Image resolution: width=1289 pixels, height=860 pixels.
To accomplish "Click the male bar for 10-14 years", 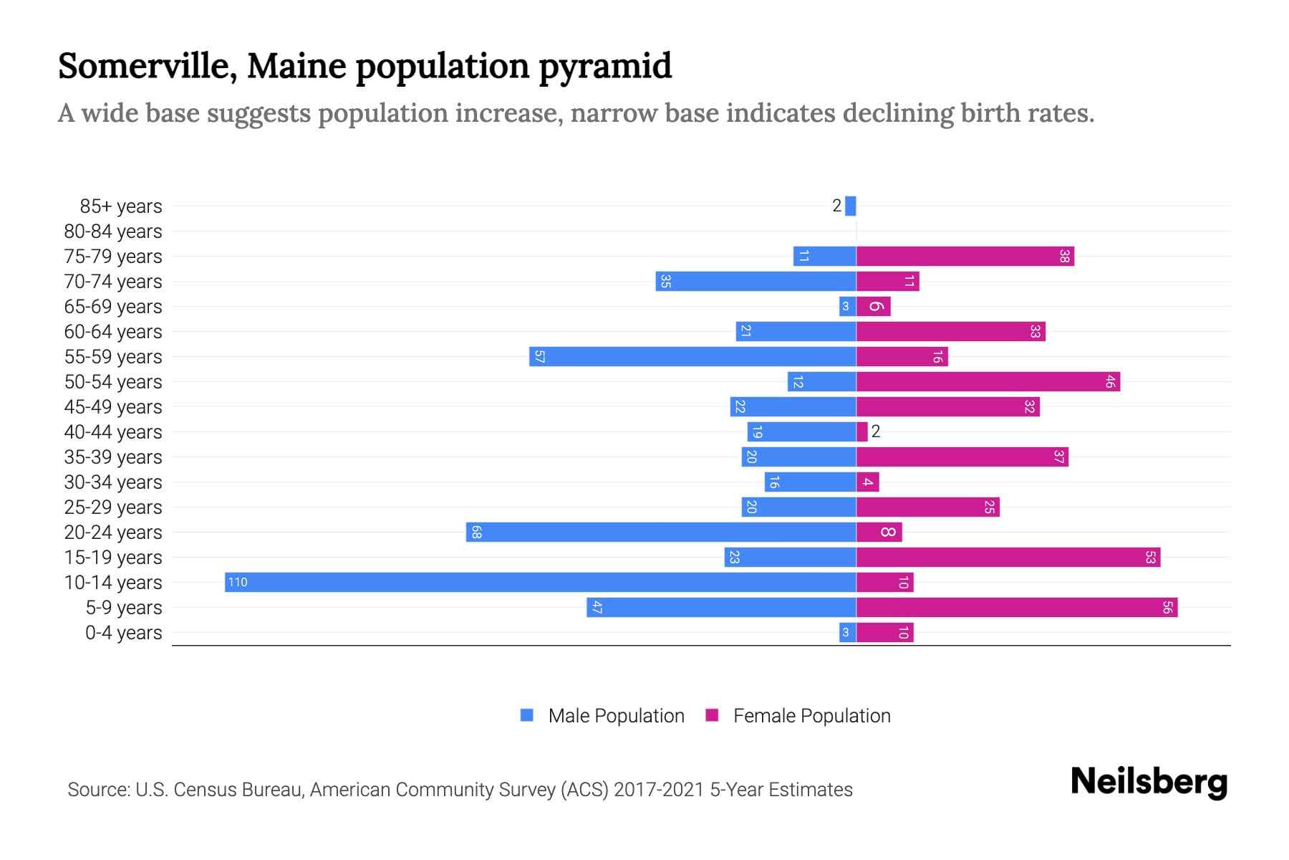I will pos(541,582).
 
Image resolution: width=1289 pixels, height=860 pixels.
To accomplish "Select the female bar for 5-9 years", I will pos(1017,608).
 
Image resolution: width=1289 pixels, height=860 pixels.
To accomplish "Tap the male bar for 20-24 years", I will pos(661,532).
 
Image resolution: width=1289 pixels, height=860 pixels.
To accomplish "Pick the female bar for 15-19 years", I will pos(1008,558).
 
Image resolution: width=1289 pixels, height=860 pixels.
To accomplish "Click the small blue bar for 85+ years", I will pos(850,206).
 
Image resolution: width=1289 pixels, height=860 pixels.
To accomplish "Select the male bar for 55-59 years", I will pos(692,357).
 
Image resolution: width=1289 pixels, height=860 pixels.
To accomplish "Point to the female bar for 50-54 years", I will pos(988,382).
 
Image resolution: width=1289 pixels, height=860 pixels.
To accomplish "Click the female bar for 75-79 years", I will pos(965,257).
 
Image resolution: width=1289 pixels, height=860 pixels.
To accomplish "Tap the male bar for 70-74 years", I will pos(755,282).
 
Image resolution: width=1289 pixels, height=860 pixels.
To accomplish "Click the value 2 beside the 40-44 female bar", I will pos(875,431).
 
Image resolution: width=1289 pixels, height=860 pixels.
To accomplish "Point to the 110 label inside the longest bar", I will pos(238,582).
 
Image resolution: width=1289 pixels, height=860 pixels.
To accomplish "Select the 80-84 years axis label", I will pos(113,231).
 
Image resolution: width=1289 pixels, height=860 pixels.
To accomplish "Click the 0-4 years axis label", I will pos(123,633).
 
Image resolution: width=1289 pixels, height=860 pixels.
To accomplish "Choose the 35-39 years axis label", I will pos(113,457).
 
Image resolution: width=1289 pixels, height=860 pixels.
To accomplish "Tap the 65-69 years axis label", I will pos(113,307).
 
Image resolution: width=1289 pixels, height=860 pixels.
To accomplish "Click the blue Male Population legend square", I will pos(527,715).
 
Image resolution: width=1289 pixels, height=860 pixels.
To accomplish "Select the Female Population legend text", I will pos(811,716).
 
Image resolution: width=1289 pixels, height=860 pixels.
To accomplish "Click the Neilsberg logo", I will pos(1149,782).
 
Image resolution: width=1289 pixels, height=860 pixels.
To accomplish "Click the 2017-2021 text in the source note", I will pos(659,790).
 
